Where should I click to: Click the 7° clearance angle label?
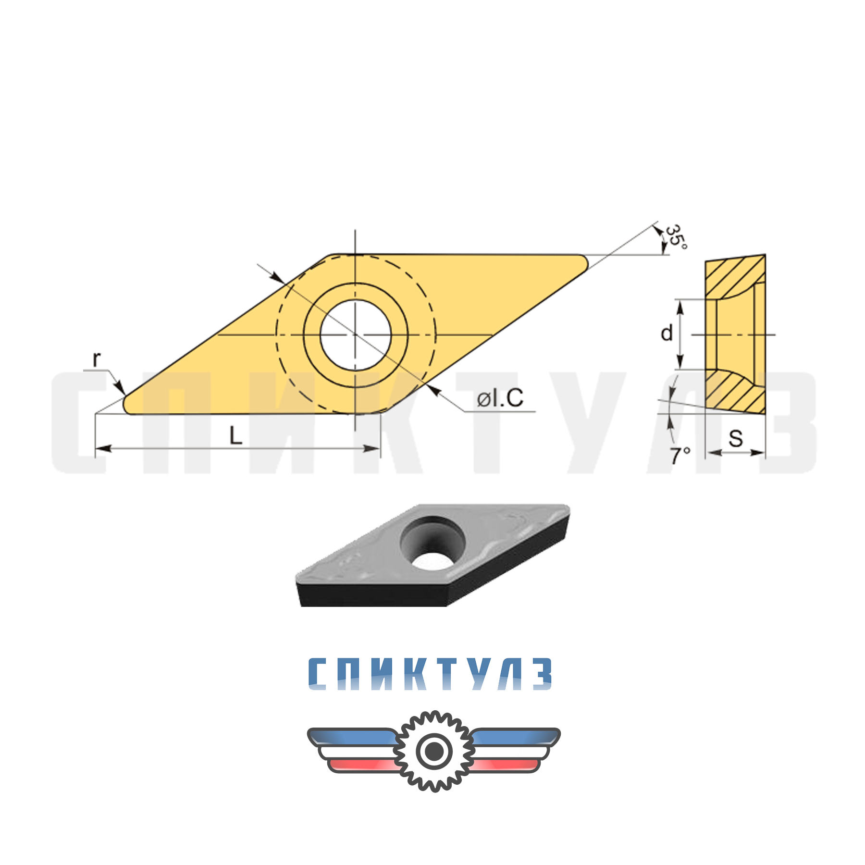point(680,456)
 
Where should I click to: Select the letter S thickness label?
point(735,439)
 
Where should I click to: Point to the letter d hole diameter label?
point(667,333)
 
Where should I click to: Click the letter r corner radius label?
point(97,359)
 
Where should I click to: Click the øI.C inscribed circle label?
point(500,398)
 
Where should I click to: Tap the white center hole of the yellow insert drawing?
point(356,335)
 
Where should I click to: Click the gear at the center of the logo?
point(434,751)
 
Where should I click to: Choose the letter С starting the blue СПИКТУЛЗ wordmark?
point(318,674)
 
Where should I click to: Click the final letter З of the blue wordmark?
point(542,674)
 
